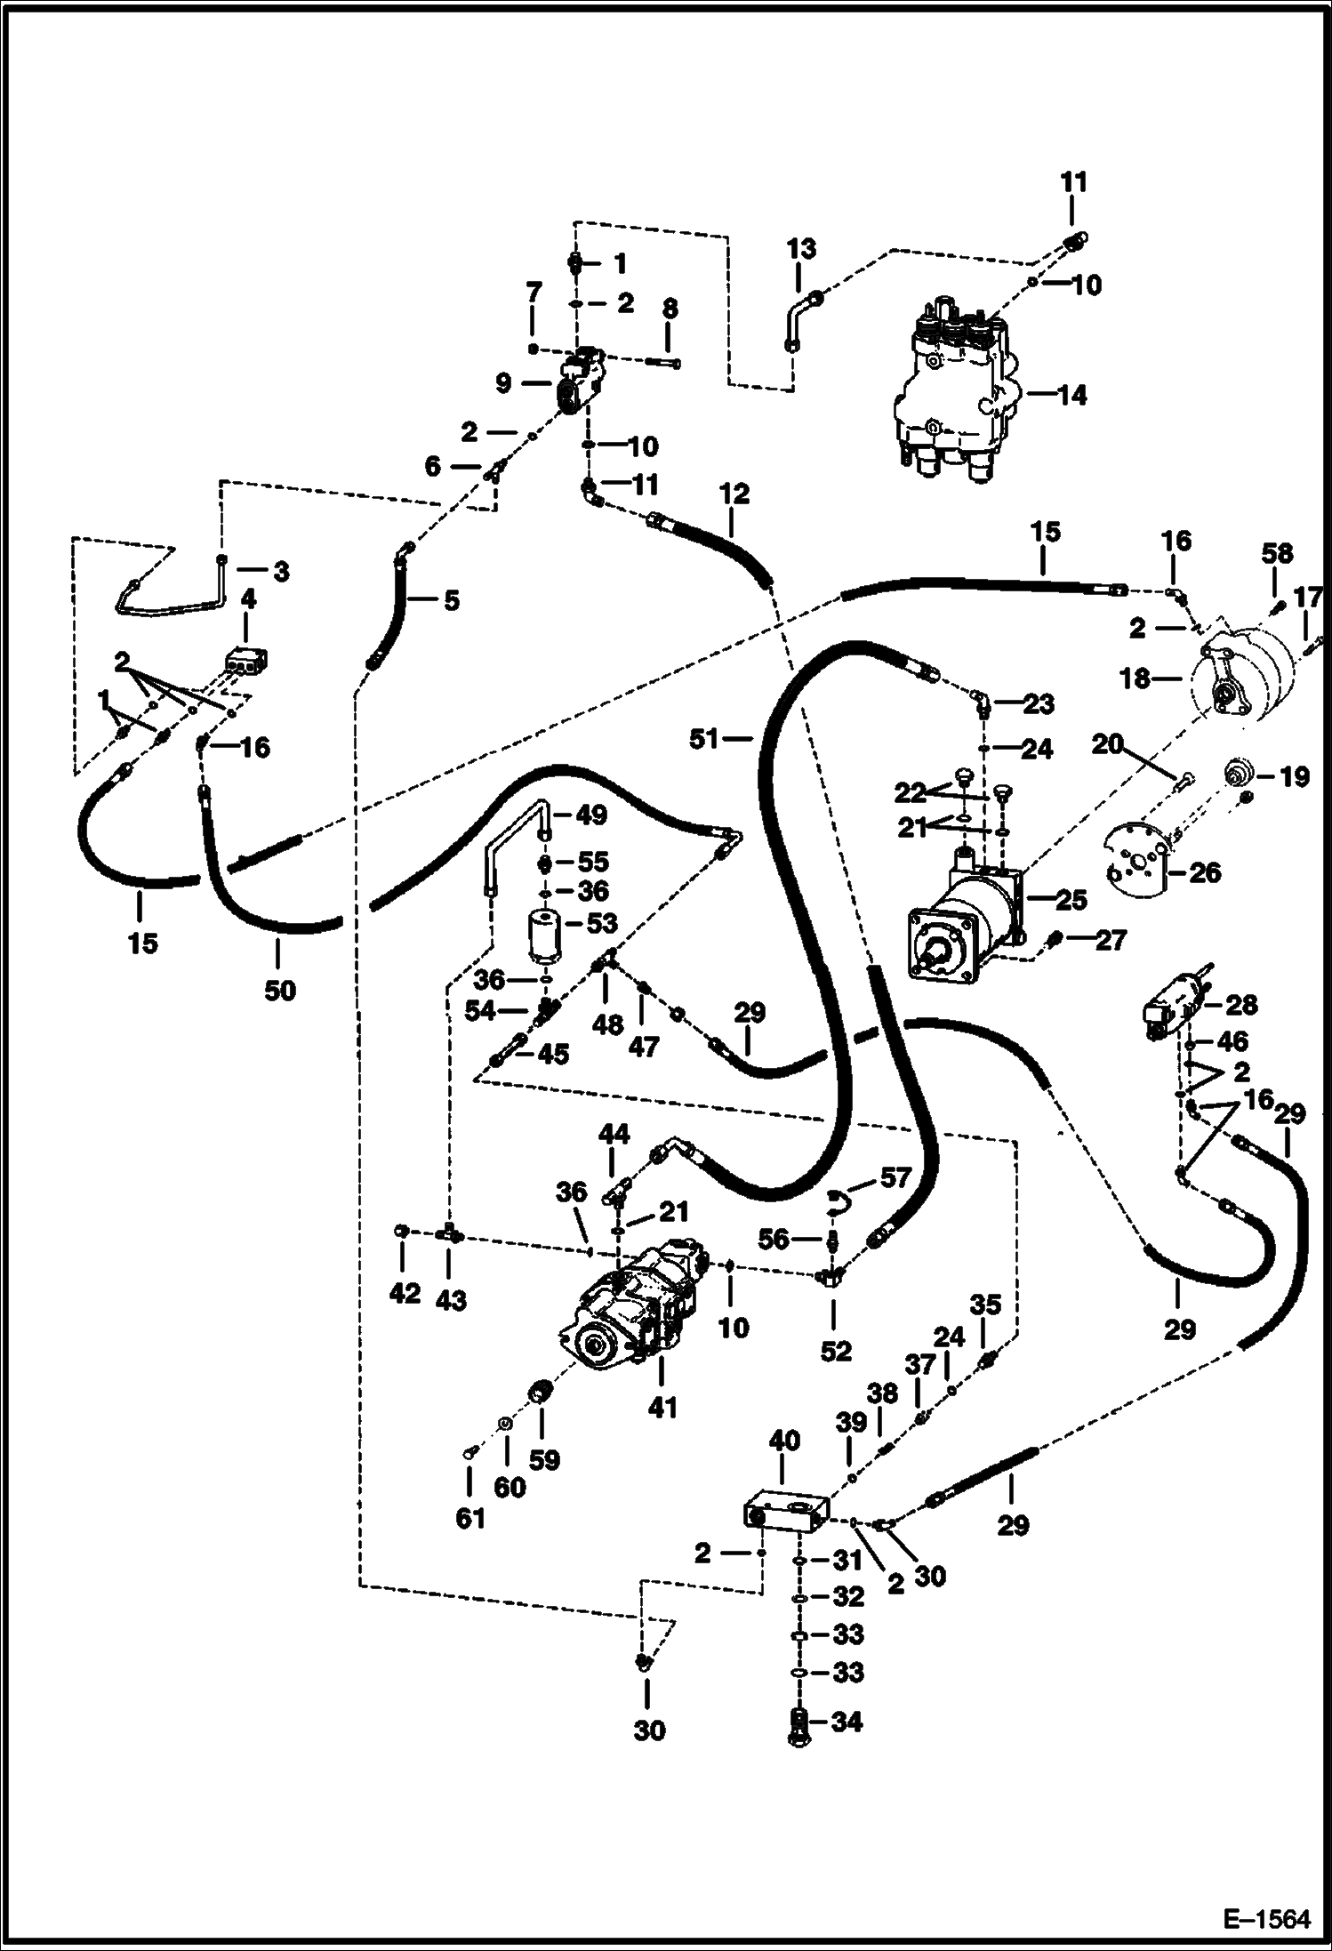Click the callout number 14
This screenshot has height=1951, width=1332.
1073,395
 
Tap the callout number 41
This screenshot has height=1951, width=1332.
662,1407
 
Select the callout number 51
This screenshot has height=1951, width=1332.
704,738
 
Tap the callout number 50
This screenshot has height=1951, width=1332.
279,990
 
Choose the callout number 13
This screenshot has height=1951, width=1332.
800,248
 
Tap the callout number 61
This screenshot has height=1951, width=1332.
470,1517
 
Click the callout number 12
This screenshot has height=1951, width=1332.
734,494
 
